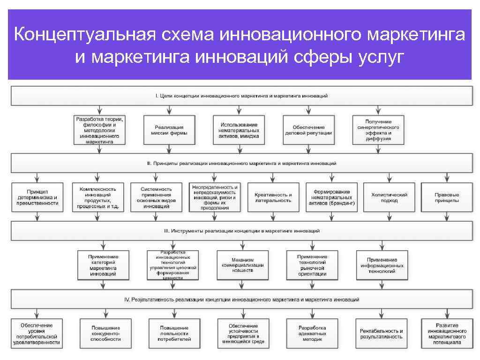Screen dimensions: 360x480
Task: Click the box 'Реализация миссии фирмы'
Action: [169, 130]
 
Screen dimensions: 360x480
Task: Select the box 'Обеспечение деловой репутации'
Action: [308, 130]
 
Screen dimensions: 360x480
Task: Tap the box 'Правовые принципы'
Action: [447, 197]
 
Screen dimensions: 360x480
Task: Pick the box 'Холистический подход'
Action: [389, 197]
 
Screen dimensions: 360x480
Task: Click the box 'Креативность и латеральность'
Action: [273, 197]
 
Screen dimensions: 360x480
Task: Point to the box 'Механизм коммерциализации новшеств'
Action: [242, 265]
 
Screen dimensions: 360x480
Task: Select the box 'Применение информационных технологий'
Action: [382, 265]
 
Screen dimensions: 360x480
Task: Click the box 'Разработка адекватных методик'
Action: [312, 333]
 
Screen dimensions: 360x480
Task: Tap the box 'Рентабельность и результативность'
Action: [381, 333]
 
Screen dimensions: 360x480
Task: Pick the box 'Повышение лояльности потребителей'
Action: [174, 333]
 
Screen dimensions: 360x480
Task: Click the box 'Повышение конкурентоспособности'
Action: [105, 333]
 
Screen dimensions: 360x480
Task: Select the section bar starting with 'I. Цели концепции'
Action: [242, 96]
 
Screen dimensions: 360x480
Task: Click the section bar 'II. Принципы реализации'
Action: [242, 164]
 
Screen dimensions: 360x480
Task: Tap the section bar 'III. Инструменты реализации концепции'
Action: [242, 231]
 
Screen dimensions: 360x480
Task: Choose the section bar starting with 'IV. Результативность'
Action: [242, 299]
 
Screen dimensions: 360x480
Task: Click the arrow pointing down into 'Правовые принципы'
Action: [447, 178]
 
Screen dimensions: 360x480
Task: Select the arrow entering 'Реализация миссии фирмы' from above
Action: [169, 110]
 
